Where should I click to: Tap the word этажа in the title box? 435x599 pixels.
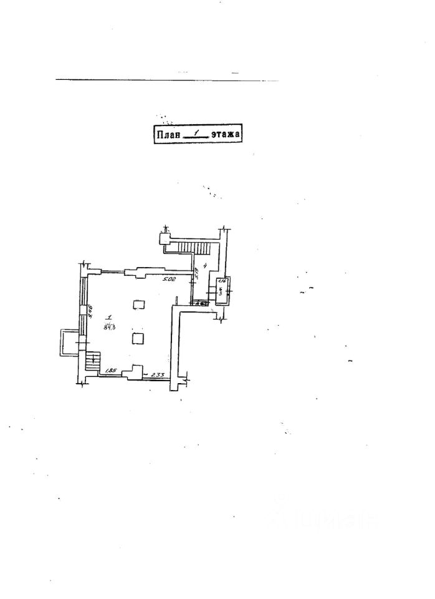coord(225,134)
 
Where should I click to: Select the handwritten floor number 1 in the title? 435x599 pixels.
coord(196,133)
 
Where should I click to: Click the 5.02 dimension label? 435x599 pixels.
coord(169,280)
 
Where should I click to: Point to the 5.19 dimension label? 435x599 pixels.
coord(196,273)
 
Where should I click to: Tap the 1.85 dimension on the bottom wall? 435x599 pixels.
coord(112,371)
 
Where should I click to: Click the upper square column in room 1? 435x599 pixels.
coord(139,304)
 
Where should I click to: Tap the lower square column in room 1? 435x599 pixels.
coord(139,338)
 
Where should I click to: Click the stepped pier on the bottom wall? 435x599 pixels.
coord(131,374)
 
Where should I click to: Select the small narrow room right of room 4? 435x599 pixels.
coord(221,291)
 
